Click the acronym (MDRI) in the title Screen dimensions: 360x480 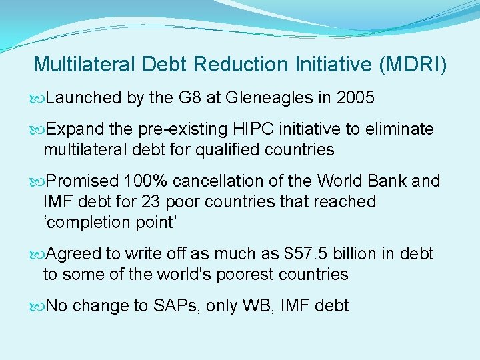point(413,65)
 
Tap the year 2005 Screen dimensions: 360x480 point(355,98)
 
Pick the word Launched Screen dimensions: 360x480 point(83,98)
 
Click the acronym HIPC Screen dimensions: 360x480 point(273,129)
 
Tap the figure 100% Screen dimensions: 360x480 point(146,181)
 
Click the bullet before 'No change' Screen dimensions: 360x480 point(39,306)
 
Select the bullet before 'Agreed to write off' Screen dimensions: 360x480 point(39,254)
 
